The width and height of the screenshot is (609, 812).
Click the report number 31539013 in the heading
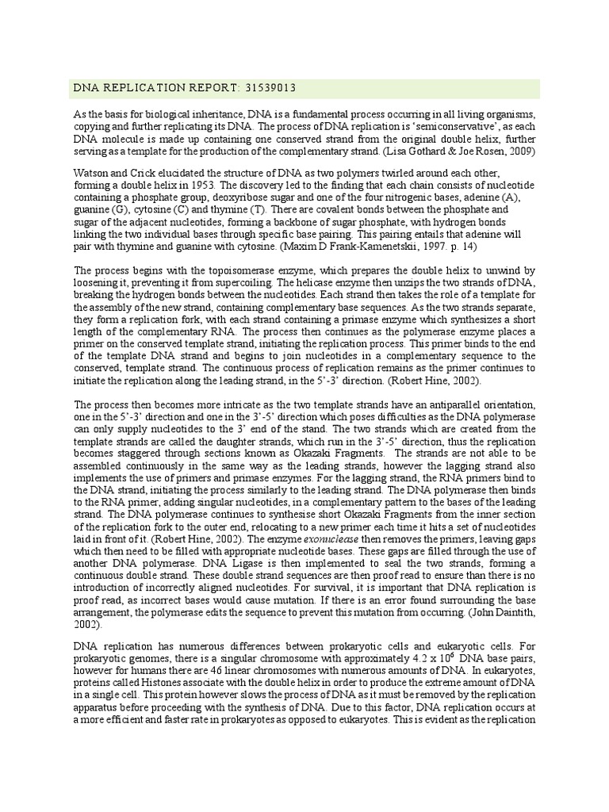(270, 88)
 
